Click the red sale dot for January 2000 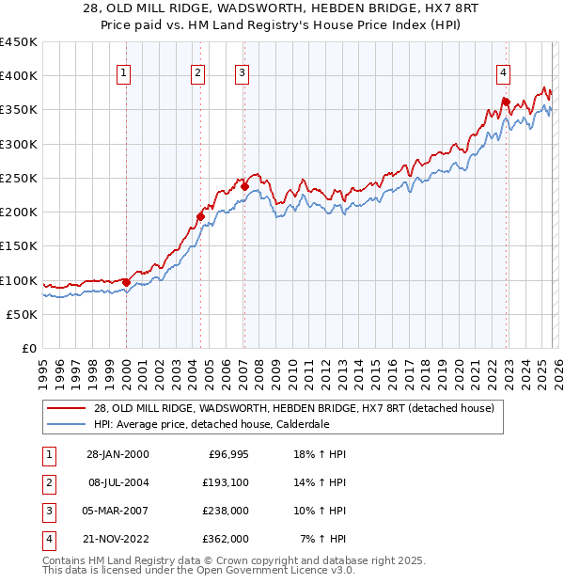point(126,281)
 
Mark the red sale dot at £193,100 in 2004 point(200,217)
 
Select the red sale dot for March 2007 point(244,186)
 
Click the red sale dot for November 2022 point(506,102)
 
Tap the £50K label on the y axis point(23,314)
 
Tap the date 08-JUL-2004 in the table point(116,482)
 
